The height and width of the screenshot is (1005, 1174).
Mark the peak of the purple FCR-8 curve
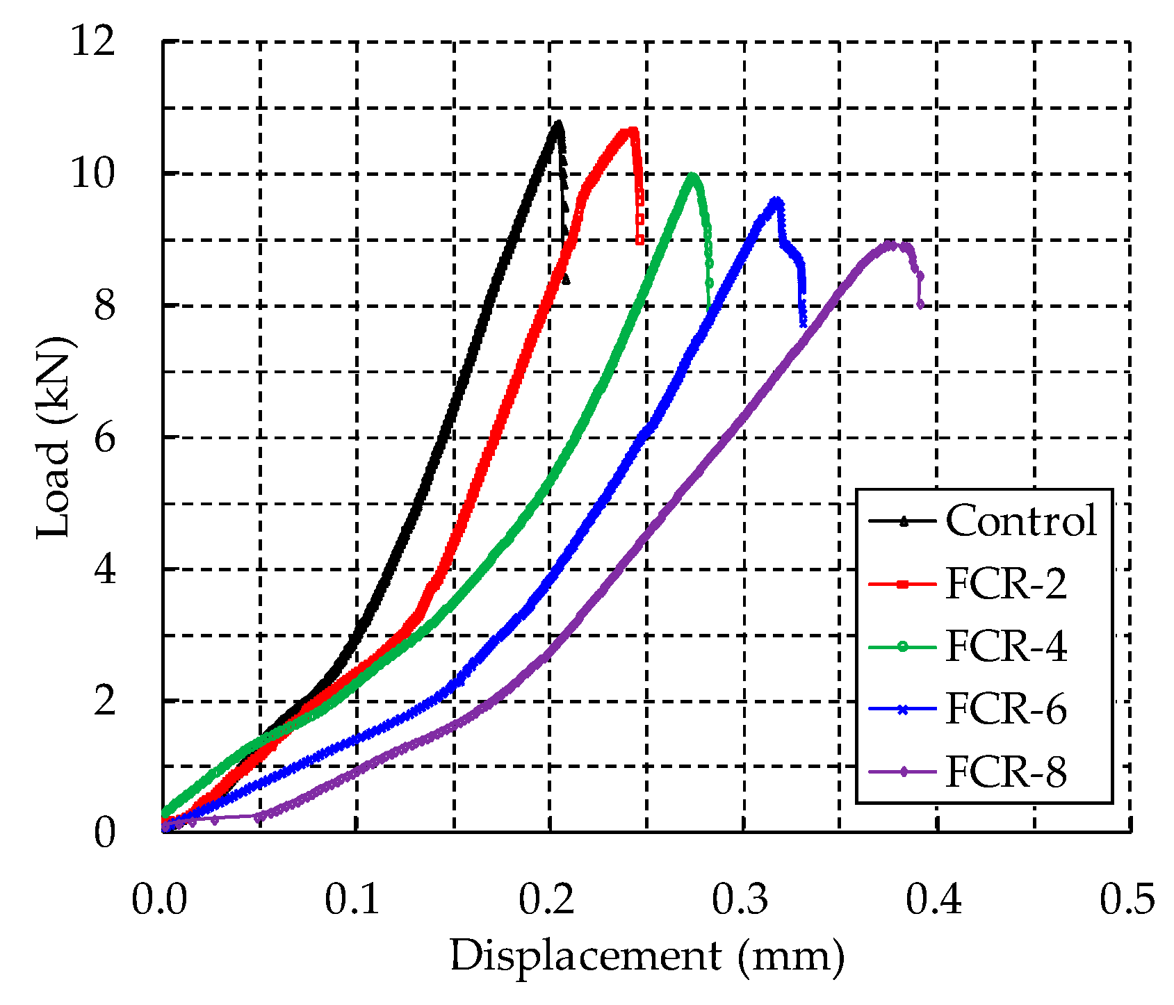coord(890,244)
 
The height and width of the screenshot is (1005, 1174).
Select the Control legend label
coord(1021,521)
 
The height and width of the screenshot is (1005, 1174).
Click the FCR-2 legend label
coord(1006,584)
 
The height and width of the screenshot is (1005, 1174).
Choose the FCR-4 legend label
coord(1006,646)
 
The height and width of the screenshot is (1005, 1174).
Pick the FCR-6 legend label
coord(1006,710)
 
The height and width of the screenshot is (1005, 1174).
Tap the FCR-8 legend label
coord(1006,772)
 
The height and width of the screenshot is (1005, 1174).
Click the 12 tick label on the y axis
coord(92,42)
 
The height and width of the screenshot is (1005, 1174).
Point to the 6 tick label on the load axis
coord(104,438)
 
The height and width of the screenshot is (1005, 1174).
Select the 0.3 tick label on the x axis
coord(740,900)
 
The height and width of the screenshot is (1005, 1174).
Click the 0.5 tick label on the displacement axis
coord(1127,900)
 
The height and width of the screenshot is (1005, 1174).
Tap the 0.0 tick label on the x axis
coord(159,900)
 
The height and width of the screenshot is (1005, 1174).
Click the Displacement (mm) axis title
coord(647,956)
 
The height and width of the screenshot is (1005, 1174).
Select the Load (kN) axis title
coord(54,438)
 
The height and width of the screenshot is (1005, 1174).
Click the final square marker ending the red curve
coord(639,240)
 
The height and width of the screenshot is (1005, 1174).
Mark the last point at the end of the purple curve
coord(920,304)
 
